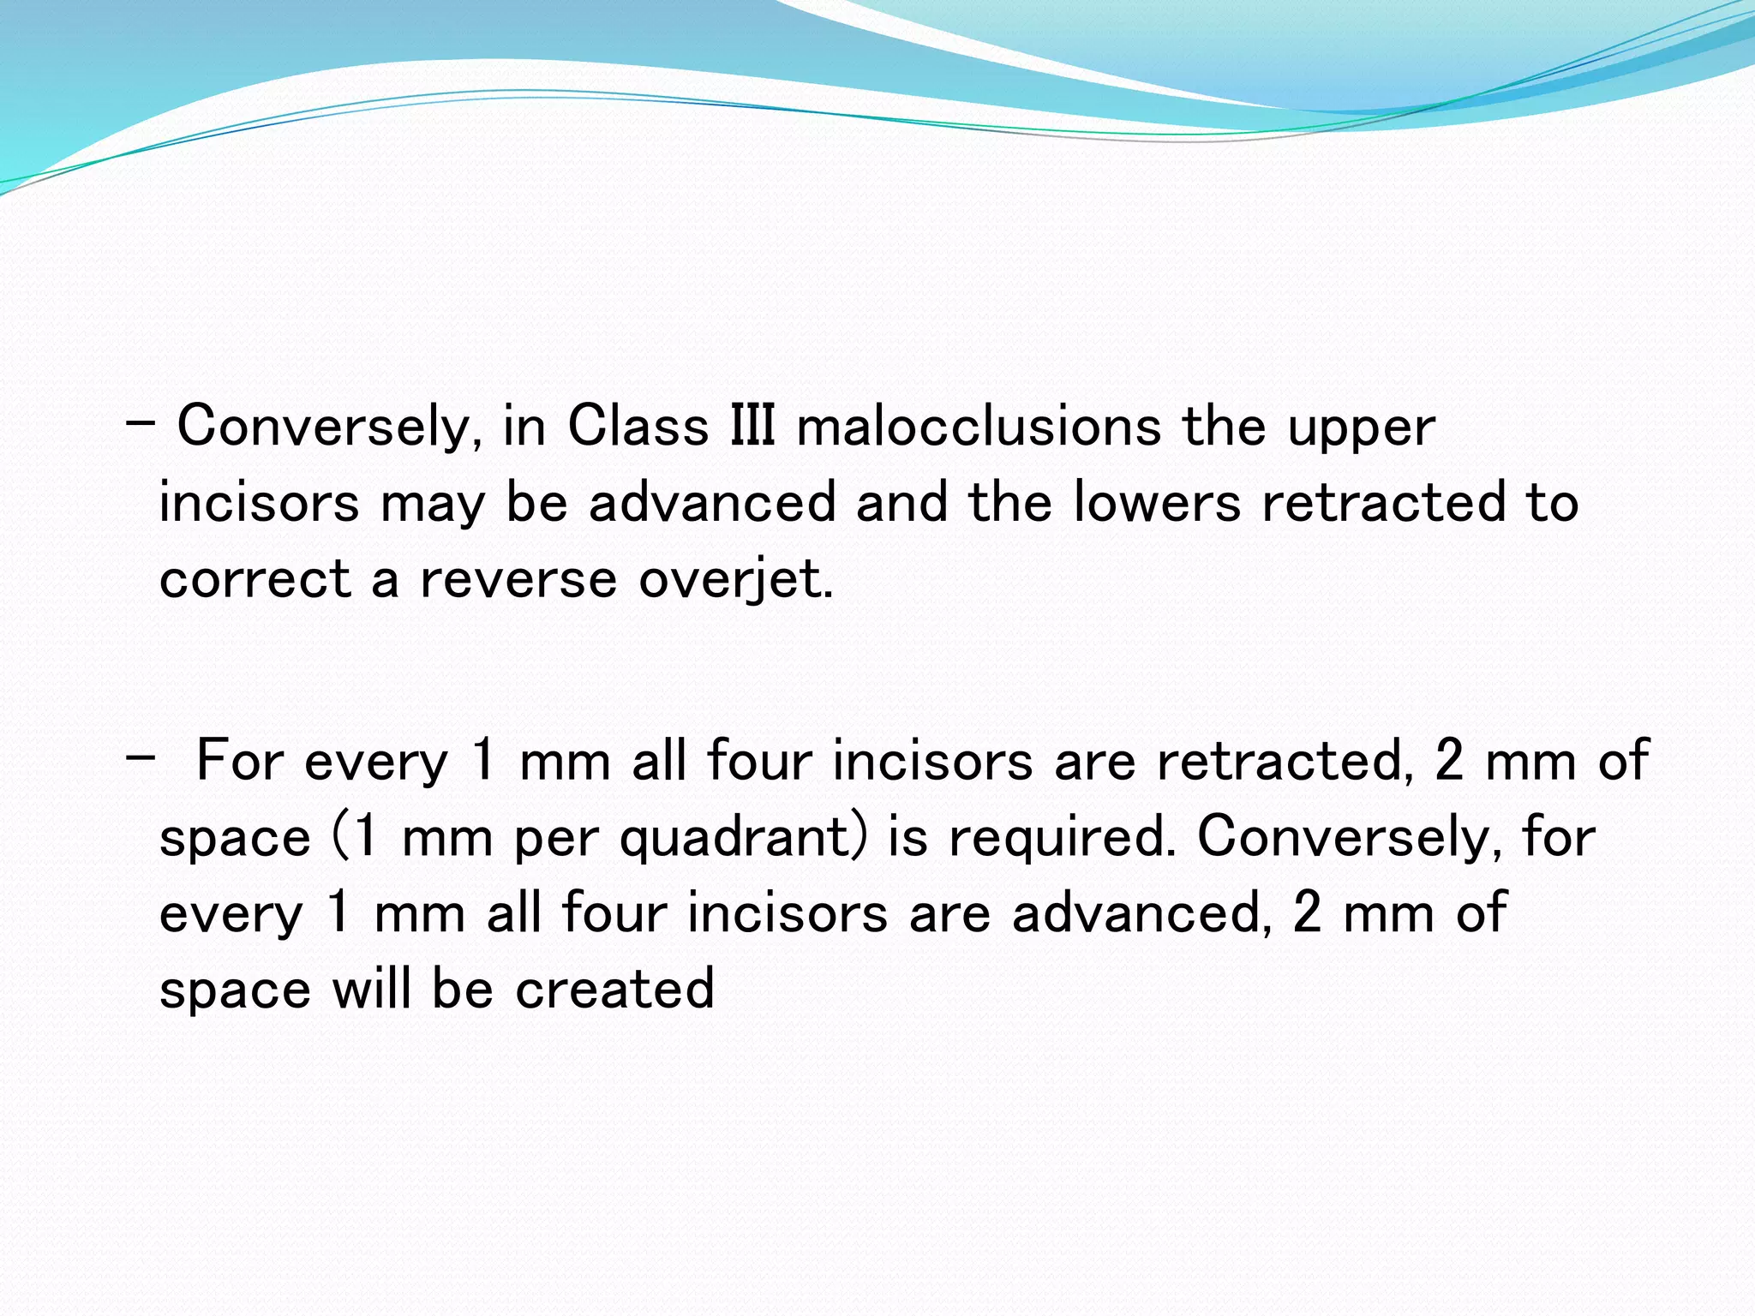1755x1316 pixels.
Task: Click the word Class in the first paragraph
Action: [638, 426]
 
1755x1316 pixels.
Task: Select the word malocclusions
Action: [978, 426]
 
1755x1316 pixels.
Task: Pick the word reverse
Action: [518, 579]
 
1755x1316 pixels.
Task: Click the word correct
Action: [255, 579]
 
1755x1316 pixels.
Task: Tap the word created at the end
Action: [614, 989]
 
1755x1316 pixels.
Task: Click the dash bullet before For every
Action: [139, 757]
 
